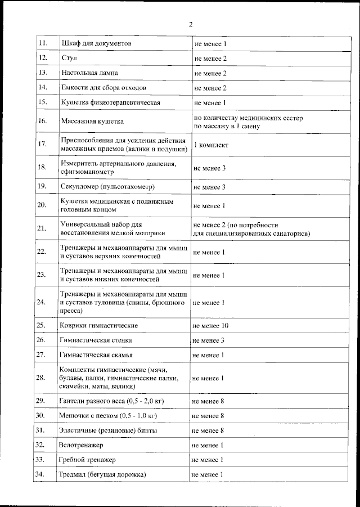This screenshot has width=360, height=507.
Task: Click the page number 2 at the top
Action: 190,24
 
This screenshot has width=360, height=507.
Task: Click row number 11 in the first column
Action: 42,43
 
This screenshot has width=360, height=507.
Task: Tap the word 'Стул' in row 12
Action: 69,59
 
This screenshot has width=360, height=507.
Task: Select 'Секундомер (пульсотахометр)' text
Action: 107,186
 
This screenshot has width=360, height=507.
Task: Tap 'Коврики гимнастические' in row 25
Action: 98,326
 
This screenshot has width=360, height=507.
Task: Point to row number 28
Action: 40,378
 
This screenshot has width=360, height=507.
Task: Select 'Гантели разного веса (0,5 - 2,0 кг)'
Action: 112,401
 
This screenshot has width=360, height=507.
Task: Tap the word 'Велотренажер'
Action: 82,445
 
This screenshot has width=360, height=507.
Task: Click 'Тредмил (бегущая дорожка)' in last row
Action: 102,475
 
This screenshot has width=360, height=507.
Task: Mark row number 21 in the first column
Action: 41,228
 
